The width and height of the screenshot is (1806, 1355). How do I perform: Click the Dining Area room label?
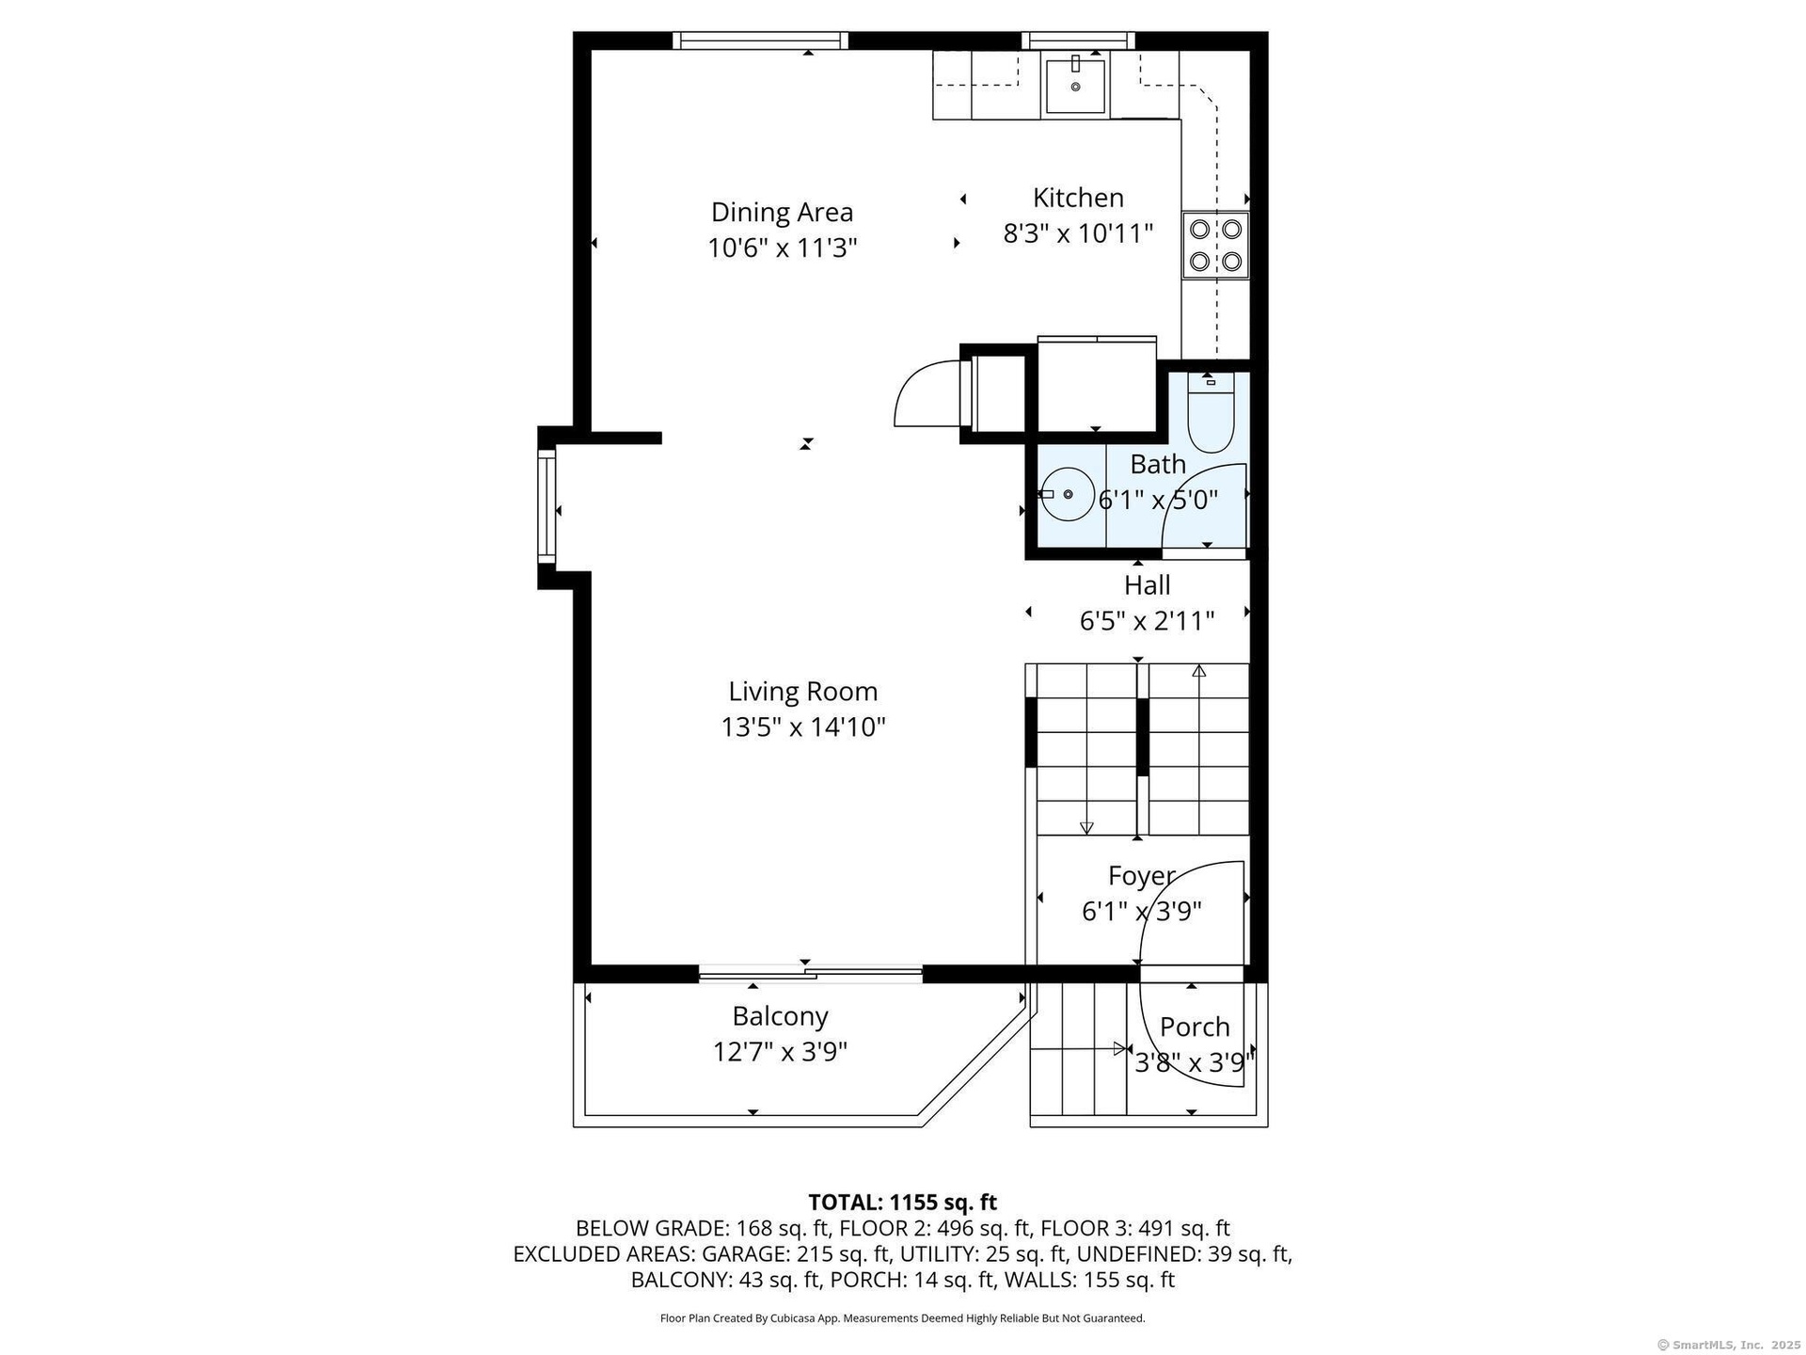(x=782, y=212)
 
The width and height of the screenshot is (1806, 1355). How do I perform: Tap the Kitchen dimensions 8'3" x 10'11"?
(x=1078, y=233)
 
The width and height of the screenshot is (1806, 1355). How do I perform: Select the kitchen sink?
(x=1075, y=86)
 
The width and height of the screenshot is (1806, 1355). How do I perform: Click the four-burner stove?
(x=1215, y=245)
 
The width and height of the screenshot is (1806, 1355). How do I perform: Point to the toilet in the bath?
(x=1210, y=414)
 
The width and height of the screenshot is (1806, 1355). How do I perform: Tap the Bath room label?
(x=1158, y=464)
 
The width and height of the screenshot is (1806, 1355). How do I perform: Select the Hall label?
(x=1148, y=585)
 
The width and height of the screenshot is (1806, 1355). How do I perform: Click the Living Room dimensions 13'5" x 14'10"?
(x=803, y=727)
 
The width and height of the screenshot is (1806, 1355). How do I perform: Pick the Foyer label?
(x=1142, y=876)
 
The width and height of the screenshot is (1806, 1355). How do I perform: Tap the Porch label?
(x=1195, y=1027)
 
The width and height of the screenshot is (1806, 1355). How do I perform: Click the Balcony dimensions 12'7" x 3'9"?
(x=780, y=1052)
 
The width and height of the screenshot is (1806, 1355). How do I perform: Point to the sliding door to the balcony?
(x=810, y=974)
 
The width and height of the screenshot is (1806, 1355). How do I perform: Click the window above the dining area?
(x=761, y=40)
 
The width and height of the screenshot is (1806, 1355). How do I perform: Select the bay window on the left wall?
(x=547, y=506)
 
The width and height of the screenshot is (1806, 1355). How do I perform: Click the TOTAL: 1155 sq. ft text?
(x=903, y=1202)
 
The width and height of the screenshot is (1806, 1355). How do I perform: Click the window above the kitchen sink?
(x=1078, y=40)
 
